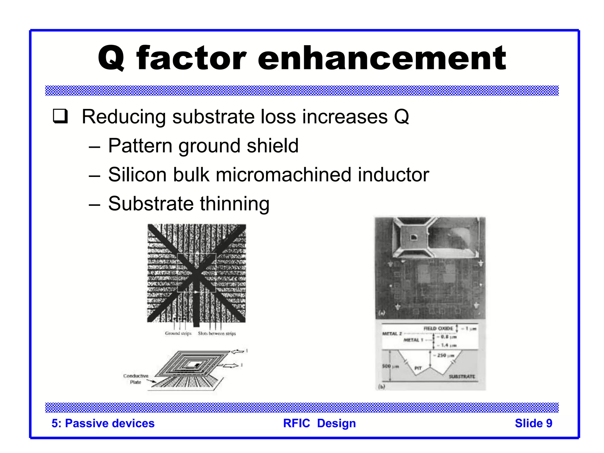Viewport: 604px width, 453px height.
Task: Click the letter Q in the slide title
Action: coord(111,58)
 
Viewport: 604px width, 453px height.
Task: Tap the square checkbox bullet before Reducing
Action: coord(60,116)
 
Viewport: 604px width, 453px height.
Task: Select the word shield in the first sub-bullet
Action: coord(273,146)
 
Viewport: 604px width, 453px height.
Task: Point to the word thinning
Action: coord(234,204)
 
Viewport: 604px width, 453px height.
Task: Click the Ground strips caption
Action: coord(178,333)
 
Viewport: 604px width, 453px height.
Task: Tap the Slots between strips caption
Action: coord(217,333)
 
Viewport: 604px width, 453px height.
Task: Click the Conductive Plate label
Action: coord(136,379)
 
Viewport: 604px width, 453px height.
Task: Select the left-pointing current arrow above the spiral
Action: coord(238,351)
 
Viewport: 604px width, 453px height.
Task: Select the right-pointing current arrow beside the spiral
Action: coord(231,366)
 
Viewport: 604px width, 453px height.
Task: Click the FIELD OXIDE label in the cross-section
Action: coord(438,328)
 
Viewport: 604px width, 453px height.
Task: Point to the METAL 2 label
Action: coord(392,334)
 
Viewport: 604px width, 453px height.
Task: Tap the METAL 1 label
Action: coord(413,340)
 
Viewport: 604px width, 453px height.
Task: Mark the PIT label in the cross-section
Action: coord(418,368)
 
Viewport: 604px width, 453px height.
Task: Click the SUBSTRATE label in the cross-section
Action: coord(462,377)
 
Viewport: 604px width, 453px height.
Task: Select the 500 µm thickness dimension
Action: coord(390,366)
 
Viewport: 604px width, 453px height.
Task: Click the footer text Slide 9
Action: coord(533,423)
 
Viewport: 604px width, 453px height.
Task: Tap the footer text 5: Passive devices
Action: coord(103,423)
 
